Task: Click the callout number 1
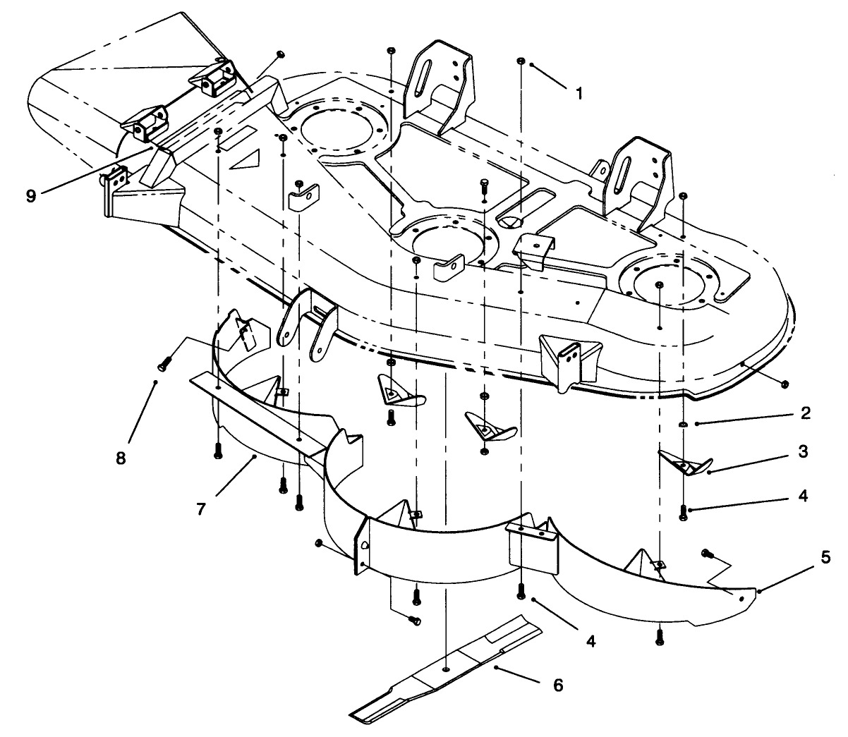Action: tap(579, 92)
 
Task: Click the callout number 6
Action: tap(557, 685)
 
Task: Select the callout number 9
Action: tap(30, 195)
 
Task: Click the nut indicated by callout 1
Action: tap(521, 61)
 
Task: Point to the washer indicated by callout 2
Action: tap(682, 423)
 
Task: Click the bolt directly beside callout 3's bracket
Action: tap(683, 513)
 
